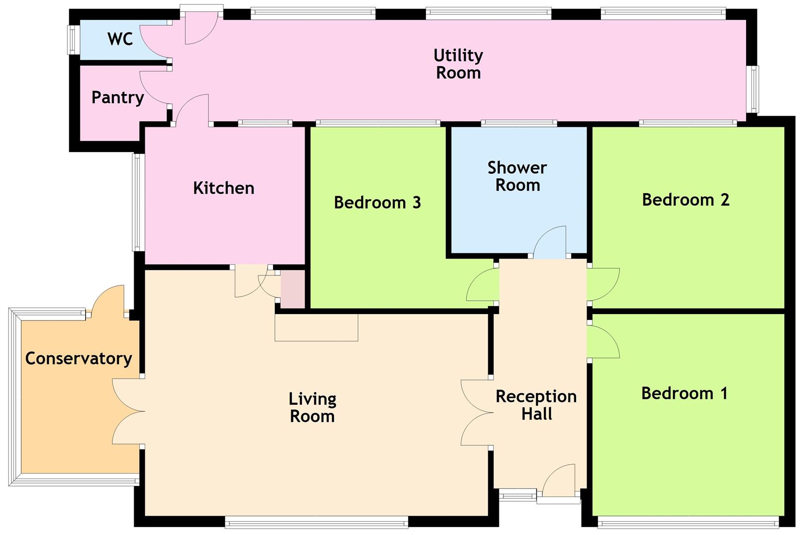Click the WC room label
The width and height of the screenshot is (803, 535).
pyautogui.click(x=120, y=39)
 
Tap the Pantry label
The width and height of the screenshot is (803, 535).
pyautogui.click(x=117, y=98)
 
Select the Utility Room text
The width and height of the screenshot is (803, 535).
pyautogui.click(x=458, y=64)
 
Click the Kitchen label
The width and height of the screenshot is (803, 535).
pyautogui.click(x=223, y=188)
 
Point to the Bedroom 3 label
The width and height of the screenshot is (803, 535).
pyautogui.click(x=377, y=203)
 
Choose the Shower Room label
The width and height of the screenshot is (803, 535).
pyautogui.click(x=517, y=176)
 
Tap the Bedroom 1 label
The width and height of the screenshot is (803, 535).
pyautogui.click(x=684, y=393)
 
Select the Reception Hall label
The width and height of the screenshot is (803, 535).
pyautogui.click(x=536, y=405)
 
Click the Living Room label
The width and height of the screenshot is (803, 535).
pyautogui.click(x=312, y=407)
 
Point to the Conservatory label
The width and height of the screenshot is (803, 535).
pyautogui.click(x=78, y=359)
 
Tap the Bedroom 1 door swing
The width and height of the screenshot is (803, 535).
pyautogui.click(x=602, y=342)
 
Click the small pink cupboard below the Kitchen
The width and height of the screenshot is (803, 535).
pyautogui.click(x=293, y=289)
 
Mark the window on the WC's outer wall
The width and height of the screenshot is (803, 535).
pyautogui.click(x=73, y=40)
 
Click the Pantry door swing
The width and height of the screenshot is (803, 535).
pyautogui.click(x=155, y=88)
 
